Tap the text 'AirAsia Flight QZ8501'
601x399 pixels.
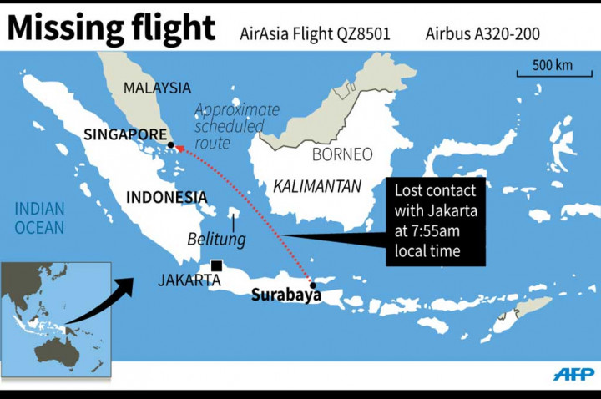click(316, 34)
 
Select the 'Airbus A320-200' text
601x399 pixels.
click(482, 34)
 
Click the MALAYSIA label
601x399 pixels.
click(157, 88)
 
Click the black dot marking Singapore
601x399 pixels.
click(170, 145)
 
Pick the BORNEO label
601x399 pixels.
click(341, 154)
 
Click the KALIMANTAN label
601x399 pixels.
click(317, 186)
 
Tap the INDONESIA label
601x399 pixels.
click(166, 197)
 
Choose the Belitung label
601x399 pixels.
click(216, 240)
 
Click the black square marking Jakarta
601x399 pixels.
click(216, 266)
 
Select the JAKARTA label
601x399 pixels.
click(189, 280)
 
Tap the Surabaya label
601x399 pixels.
click(286, 295)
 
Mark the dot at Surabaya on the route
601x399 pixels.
click(311, 282)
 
